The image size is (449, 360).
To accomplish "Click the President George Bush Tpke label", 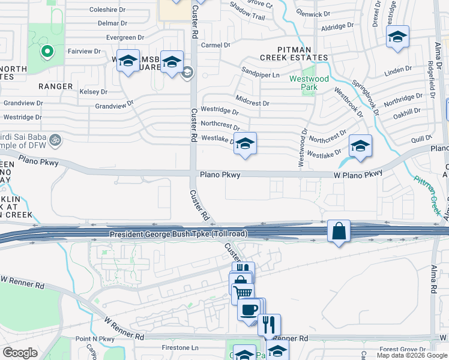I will [x=176, y=233].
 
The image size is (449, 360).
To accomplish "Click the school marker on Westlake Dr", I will [x=244, y=144].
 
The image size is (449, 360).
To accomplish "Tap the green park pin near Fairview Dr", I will [x=46, y=52].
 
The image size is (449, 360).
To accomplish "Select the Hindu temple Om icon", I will [x=55, y=139].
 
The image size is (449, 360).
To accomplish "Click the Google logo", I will [x=20, y=353].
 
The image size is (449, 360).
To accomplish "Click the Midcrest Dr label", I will [x=252, y=103].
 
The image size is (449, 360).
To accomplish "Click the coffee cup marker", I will [x=249, y=310].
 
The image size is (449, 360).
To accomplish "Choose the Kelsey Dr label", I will [x=93, y=92].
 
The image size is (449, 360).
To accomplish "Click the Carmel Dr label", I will [x=215, y=45].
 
